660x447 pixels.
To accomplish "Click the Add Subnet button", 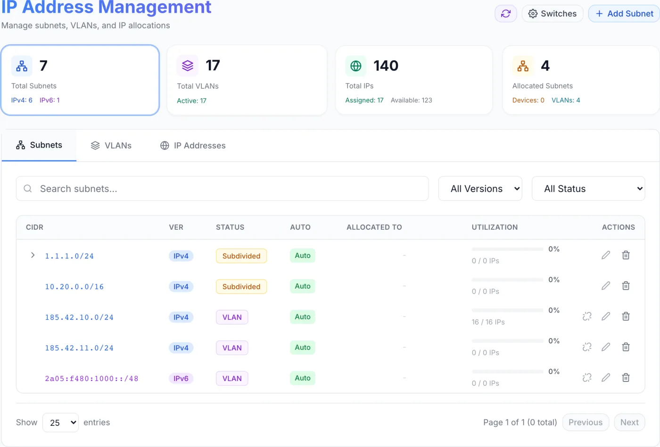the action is [x=624, y=14].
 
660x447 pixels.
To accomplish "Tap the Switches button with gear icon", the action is [x=553, y=14].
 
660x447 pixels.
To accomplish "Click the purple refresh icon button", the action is [x=505, y=14].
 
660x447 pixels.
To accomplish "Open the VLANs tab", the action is [x=111, y=146].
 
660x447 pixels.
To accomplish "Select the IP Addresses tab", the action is [x=193, y=146].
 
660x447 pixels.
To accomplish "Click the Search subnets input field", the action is [x=222, y=189].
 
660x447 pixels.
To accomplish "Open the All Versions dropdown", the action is [x=480, y=189].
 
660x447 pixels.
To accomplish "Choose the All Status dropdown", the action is [x=588, y=189].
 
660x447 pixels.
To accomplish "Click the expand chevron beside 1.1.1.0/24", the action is [x=33, y=255].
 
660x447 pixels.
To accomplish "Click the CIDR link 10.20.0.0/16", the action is [x=74, y=287].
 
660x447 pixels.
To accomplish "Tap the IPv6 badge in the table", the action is [x=181, y=378].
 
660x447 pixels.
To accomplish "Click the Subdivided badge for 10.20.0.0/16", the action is [x=241, y=286].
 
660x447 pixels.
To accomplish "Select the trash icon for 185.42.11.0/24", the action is [x=626, y=347].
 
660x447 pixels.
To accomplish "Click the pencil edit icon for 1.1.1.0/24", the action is [x=606, y=255].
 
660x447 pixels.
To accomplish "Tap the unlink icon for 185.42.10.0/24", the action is [x=587, y=316].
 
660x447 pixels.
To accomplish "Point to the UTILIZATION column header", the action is [x=495, y=227].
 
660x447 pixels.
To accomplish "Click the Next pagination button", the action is [x=629, y=422].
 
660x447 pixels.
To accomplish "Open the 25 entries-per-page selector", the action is [x=60, y=422].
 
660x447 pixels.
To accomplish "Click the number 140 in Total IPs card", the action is [x=386, y=66].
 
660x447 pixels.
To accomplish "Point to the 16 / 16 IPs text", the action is [x=488, y=322].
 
